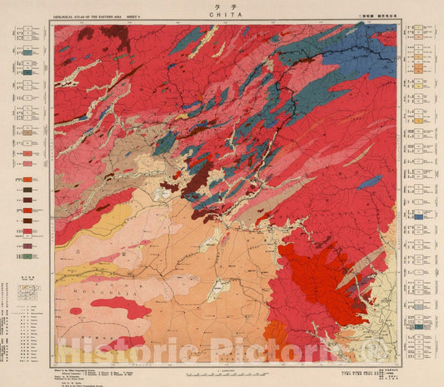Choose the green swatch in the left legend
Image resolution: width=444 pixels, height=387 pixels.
coord(30,52)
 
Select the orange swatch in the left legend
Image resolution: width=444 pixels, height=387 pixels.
coord(30,178)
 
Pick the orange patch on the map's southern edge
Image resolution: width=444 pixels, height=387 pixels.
coord(276,336)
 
